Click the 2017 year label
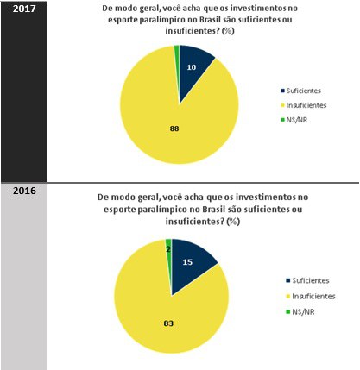pyautogui.click(x=18, y=9)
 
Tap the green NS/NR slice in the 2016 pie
pyautogui.click(x=168, y=244)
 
